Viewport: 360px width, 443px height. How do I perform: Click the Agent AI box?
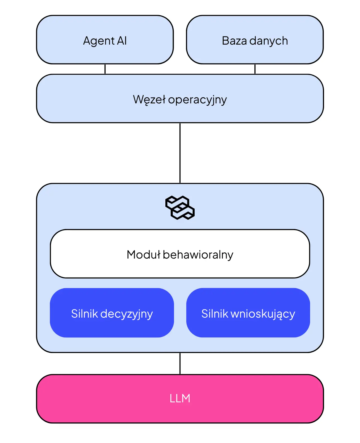105,40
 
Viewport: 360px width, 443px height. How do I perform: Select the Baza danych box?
255,40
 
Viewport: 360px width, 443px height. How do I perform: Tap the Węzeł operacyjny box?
180,98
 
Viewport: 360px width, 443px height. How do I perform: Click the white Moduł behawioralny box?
180,254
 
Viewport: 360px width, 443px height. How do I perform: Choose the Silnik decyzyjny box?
112,313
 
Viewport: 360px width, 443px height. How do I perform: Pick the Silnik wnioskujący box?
248,313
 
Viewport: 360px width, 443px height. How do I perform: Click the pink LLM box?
180,399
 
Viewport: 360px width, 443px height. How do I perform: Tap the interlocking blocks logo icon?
180,207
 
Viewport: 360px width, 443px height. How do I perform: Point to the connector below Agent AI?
105,69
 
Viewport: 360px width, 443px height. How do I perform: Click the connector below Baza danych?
255,69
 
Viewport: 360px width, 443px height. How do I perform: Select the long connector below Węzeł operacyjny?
180,153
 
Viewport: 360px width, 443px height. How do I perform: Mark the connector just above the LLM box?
180,363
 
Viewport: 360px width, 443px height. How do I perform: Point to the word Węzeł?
149,100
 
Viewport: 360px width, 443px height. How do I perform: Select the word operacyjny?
197,100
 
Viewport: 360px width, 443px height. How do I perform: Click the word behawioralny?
198,255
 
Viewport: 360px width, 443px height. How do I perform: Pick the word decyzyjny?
127,314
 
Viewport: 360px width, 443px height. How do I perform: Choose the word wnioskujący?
263,314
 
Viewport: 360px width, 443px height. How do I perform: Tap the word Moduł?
144,254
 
